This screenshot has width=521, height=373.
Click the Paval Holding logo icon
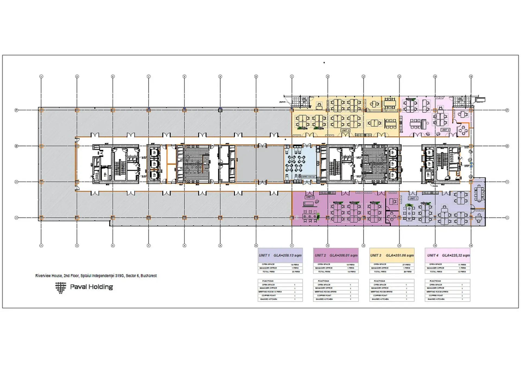coord(61,287)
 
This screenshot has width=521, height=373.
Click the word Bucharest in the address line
coord(148,275)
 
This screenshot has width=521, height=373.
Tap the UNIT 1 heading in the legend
coord(264,255)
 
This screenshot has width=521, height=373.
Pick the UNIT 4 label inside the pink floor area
coord(445,130)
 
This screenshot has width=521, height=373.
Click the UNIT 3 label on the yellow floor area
coord(345,130)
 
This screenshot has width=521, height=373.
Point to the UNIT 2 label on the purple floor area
coord(310,197)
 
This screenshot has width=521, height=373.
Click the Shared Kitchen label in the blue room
coord(307,177)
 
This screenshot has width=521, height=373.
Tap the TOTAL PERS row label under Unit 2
coord(324,271)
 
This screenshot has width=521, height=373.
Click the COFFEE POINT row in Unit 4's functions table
coord(436,295)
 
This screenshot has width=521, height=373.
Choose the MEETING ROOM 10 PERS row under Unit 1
coord(270,292)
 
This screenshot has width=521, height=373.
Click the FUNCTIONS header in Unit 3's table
coord(379,281)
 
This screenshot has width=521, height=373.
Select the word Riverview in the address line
coord(43,275)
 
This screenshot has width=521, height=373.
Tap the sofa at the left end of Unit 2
coord(310,204)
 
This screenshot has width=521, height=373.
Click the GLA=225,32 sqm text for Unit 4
coord(456,255)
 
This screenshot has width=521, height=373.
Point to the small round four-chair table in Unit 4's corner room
coord(463,131)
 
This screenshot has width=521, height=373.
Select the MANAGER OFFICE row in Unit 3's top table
coord(380,268)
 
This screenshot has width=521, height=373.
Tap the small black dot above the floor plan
coord(324,63)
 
